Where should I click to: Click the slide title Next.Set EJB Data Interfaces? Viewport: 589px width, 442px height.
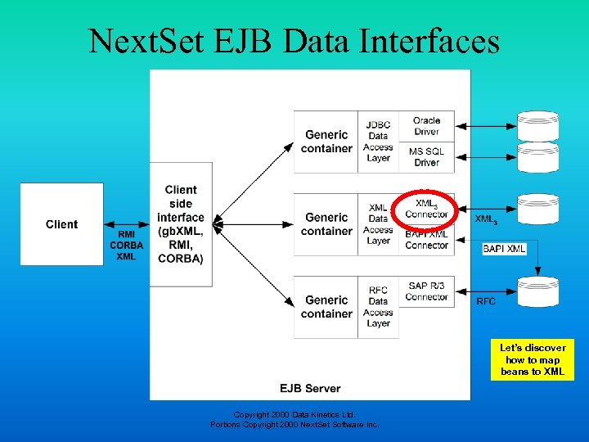[294, 40]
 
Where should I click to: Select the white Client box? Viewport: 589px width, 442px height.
[62, 224]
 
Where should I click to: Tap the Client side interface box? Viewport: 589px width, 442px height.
[181, 224]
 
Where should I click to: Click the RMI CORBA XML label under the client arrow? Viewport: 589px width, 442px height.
[126, 246]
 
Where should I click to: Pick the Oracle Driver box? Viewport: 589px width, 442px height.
[426, 126]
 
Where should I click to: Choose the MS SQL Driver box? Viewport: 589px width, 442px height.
[426, 157]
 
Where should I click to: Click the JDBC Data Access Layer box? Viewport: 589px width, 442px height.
[378, 142]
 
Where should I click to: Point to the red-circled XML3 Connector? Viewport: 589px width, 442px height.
[426, 209]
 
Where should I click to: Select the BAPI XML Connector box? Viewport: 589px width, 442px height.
[426, 240]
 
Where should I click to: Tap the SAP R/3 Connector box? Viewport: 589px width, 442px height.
[426, 291]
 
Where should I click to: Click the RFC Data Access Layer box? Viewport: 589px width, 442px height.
[378, 307]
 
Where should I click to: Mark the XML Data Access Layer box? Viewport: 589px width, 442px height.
[378, 224]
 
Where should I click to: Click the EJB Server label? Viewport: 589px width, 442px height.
[309, 387]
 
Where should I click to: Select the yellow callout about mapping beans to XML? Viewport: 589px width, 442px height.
[533, 359]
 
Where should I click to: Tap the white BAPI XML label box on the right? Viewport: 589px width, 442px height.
[505, 248]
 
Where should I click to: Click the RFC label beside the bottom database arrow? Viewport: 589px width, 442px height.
[486, 301]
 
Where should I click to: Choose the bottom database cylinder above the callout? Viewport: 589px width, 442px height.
[538, 292]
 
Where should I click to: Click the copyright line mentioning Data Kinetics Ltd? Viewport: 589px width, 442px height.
[294, 414]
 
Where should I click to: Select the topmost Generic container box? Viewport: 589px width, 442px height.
[326, 142]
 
